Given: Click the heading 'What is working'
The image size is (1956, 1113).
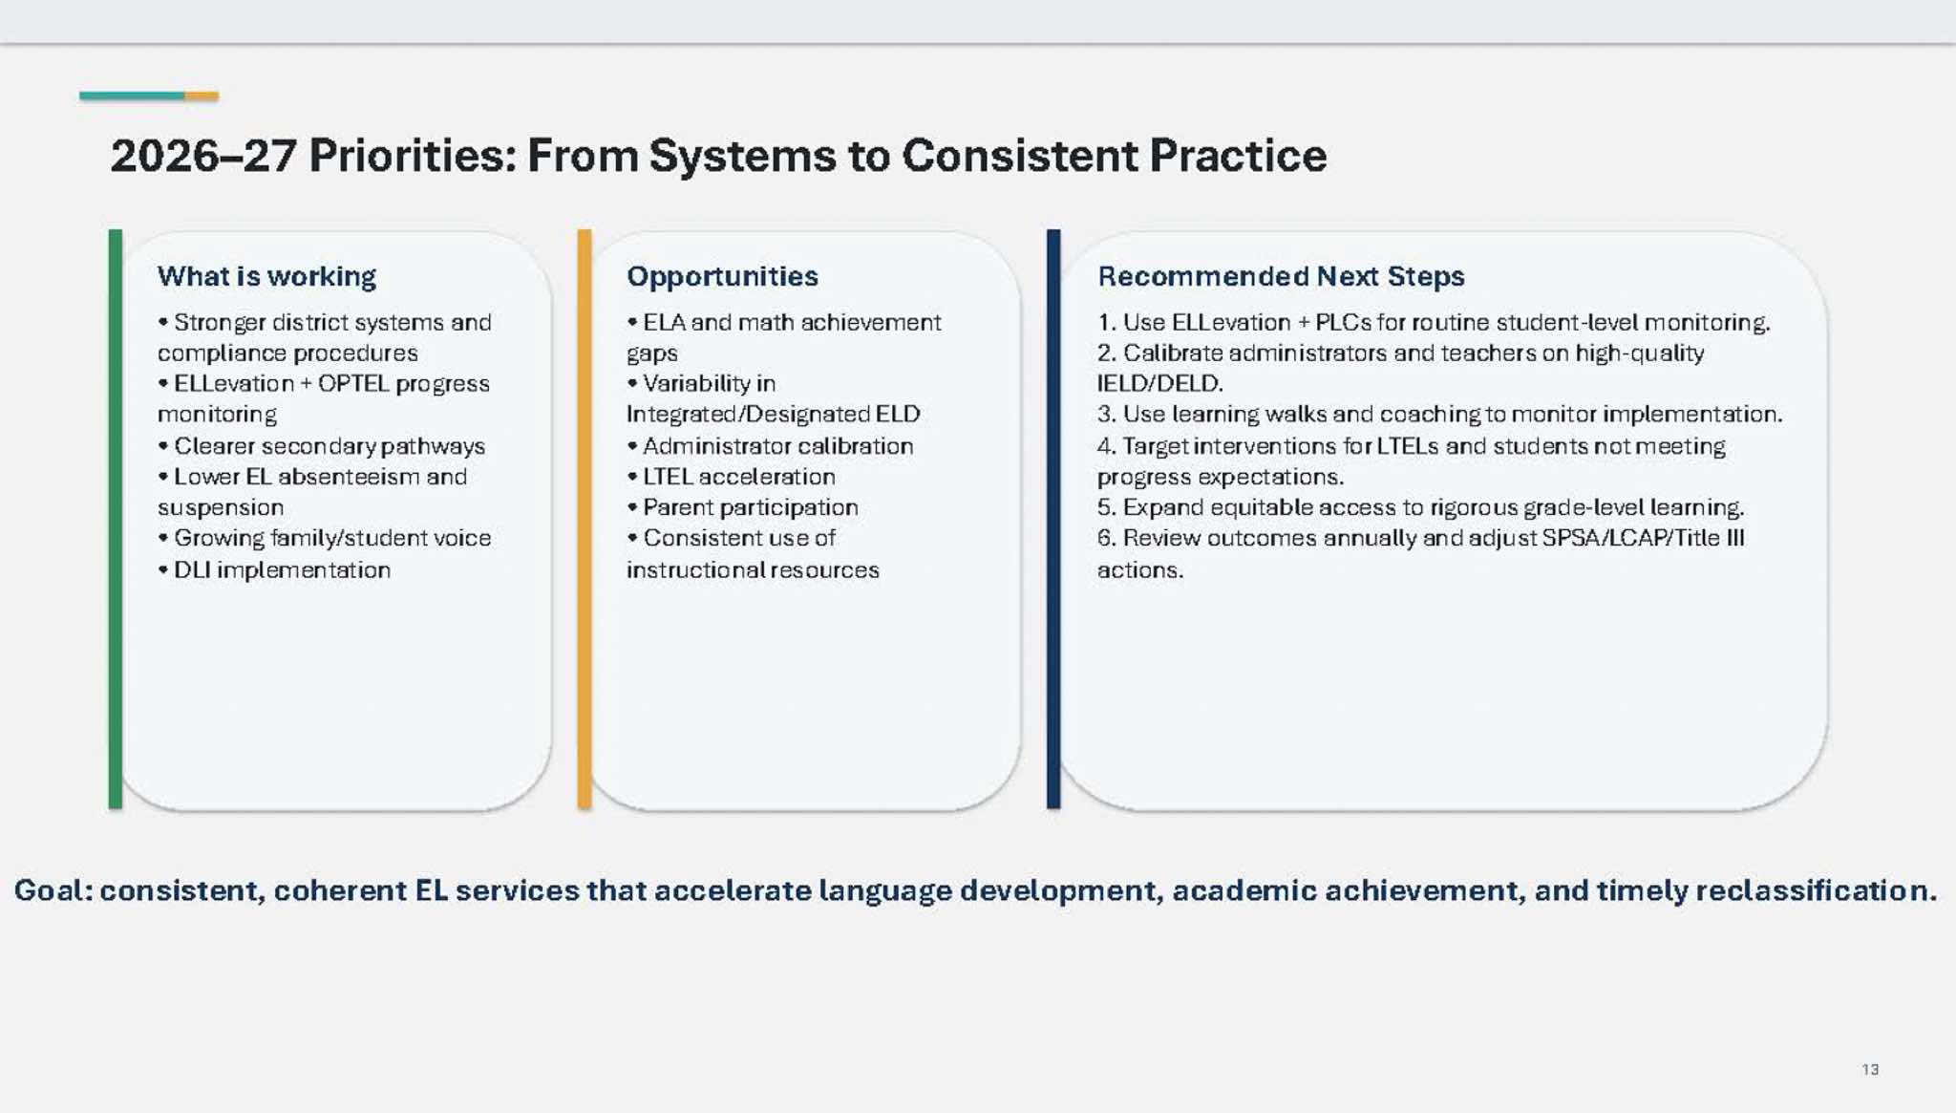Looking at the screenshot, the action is point(266,277).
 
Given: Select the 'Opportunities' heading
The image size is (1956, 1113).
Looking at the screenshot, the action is point(722,277).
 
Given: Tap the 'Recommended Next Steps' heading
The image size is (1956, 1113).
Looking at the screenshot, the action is point(1281,276).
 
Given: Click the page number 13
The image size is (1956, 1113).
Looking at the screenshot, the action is point(1870,1069).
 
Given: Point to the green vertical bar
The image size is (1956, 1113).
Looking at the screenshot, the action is point(116,520).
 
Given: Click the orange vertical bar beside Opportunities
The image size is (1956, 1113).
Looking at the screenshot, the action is point(585,520).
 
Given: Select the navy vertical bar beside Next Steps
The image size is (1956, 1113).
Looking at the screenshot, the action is point(1053,520).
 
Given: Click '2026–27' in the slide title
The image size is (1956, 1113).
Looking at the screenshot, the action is point(203,156).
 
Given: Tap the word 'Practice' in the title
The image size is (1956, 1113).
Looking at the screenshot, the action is point(1238,156).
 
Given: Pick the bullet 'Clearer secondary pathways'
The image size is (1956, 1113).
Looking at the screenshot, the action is point(322,446).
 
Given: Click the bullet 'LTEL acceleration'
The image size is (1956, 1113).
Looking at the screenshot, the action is point(731,477).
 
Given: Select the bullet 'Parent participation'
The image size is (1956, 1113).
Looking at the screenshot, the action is point(742,507).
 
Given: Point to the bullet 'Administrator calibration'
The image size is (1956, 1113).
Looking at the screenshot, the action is point(770,446).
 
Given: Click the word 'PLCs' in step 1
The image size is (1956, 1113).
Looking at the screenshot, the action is point(1343,323).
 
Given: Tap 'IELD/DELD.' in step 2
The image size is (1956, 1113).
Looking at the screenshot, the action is point(1160,384).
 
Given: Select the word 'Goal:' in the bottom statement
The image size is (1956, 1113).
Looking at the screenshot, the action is point(53,890).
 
